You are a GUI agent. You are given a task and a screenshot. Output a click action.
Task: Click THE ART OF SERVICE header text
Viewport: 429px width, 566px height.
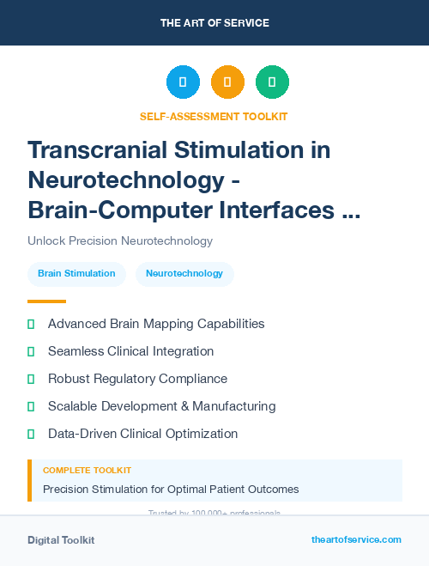[x=214, y=22]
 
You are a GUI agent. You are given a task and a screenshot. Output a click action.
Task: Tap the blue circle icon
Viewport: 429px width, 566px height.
[x=183, y=82]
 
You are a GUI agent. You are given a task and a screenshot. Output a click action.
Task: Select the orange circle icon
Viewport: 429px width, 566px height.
[x=227, y=82]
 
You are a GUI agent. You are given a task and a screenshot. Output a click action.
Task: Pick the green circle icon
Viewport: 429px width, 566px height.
[x=272, y=82]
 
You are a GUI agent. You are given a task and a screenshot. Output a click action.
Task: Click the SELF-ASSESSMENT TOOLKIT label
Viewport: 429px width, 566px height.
[x=214, y=116]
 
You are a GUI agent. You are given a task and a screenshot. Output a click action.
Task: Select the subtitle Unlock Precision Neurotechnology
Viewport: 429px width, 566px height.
[x=120, y=241]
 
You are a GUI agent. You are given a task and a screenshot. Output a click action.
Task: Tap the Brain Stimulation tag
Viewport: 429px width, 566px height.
[x=76, y=274]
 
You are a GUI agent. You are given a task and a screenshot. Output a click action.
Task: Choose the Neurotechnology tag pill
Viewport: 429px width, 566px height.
[x=184, y=274]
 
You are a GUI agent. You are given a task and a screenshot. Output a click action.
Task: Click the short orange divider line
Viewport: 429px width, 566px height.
[x=46, y=301]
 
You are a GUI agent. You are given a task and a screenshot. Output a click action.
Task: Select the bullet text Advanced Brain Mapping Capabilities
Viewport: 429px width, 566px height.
[x=156, y=324]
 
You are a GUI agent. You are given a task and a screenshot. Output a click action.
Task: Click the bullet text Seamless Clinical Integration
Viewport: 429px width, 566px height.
[x=130, y=351]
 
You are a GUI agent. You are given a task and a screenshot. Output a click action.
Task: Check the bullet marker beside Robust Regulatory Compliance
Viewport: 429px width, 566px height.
[x=31, y=379]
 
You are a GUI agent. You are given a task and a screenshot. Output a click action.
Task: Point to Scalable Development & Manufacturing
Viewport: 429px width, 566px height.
[x=161, y=406]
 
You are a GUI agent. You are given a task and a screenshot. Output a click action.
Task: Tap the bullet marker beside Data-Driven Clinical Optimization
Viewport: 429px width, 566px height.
[x=31, y=434]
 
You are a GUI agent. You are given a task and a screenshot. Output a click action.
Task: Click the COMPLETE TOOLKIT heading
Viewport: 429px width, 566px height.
[x=87, y=471]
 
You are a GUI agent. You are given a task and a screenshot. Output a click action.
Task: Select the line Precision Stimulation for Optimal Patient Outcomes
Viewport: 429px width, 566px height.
[x=171, y=490]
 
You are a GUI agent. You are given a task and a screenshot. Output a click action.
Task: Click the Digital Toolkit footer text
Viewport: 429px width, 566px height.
[x=61, y=540]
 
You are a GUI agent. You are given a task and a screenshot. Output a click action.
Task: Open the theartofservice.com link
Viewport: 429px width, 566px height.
[x=356, y=539]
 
